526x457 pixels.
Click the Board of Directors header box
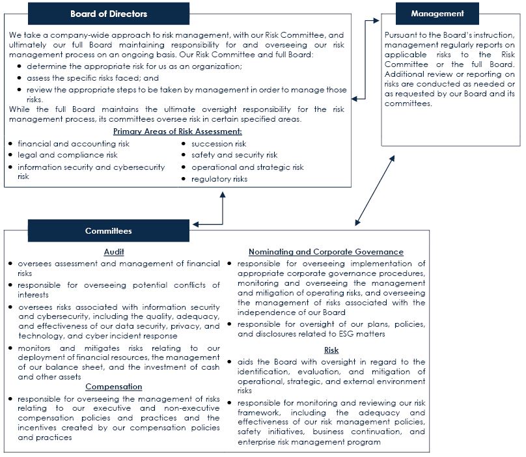pos(109,14)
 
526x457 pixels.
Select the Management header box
pos(437,14)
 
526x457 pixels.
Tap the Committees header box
pos(109,230)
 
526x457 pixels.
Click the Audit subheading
pos(114,252)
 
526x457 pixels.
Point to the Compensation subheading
pos(114,387)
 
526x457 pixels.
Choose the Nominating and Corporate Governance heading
pos(326,252)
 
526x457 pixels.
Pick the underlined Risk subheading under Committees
pos(331,350)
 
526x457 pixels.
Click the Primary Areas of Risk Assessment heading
pos(177,132)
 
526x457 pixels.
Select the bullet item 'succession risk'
pos(219,144)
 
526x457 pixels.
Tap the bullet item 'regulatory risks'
pos(219,179)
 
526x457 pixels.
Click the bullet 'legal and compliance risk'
pos(68,155)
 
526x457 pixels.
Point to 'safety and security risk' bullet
pos(234,155)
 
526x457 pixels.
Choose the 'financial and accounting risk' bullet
pos(74,144)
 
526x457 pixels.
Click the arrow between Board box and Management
pos(365,59)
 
